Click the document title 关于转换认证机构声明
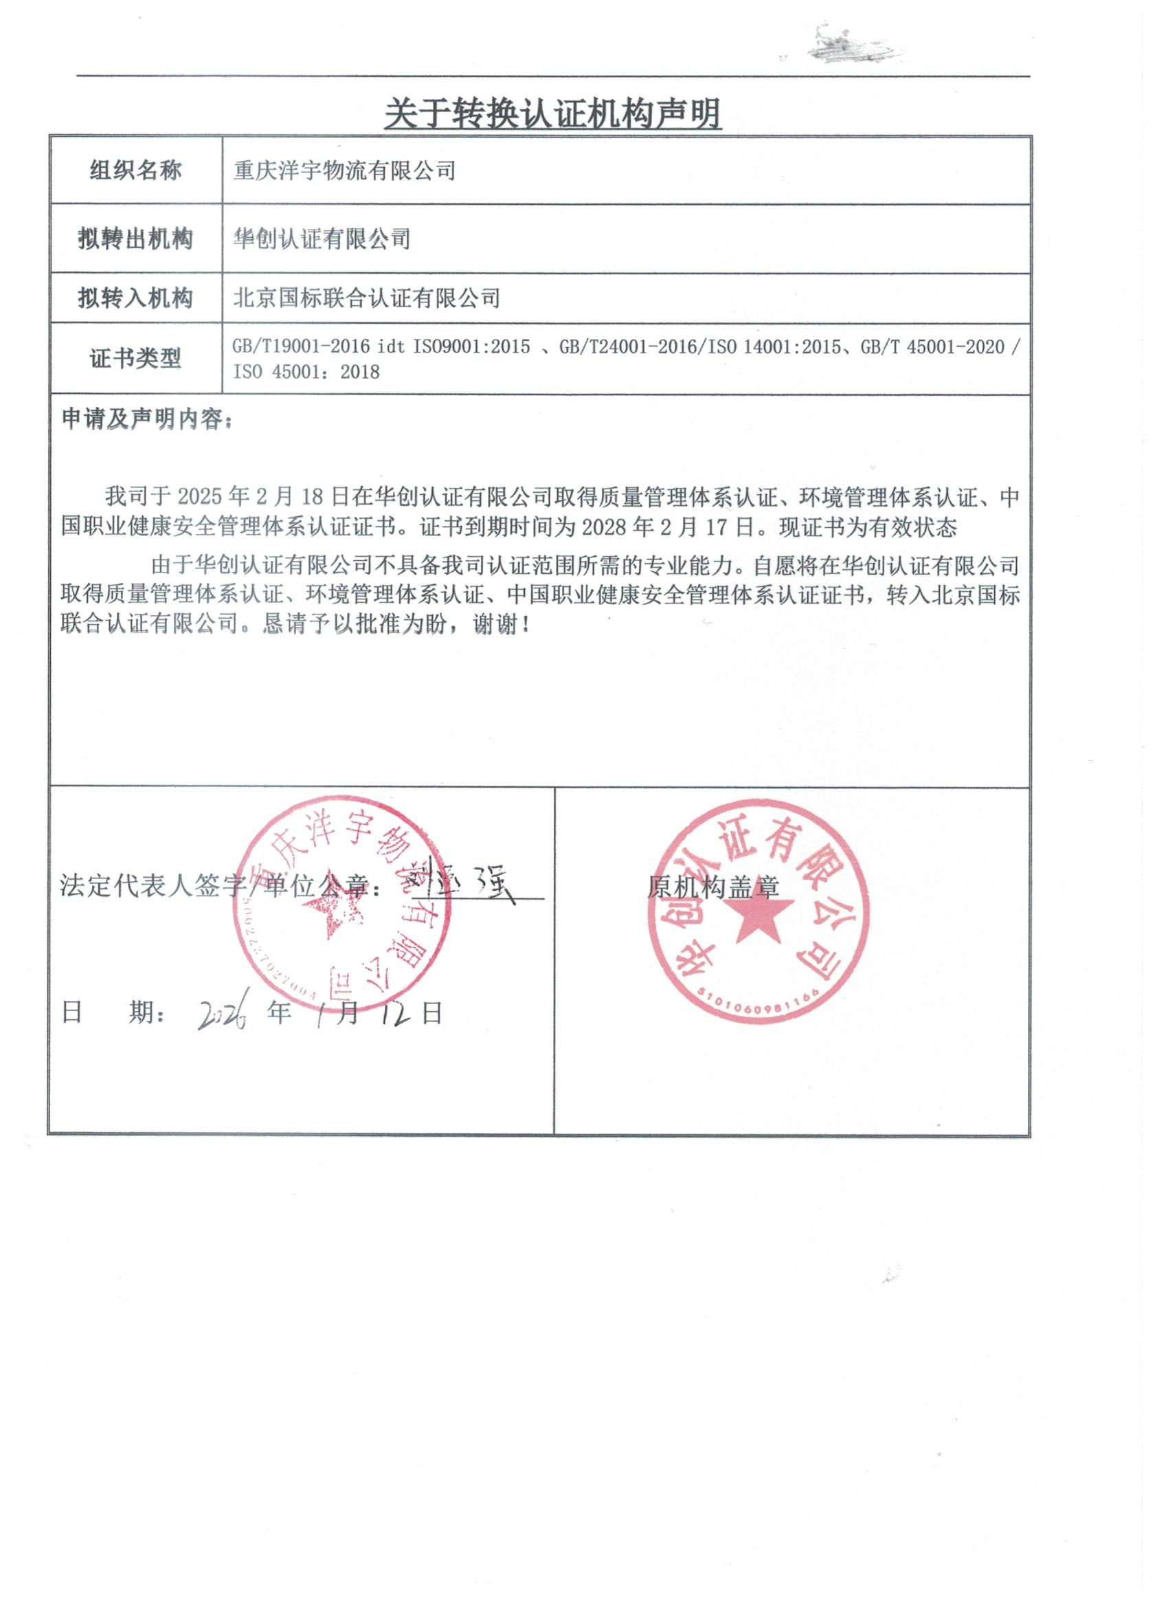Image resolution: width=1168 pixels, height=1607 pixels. pyautogui.click(x=552, y=113)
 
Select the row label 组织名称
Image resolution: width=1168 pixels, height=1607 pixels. pyautogui.click(x=135, y=170)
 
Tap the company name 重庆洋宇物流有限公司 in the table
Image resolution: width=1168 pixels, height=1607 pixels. pyautogui.click(x=344, y=170)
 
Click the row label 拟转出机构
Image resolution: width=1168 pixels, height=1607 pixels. pyautogui.click(x=135, y=239)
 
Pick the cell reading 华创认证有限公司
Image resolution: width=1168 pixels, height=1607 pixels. pyautogui.click(x=322, y=239)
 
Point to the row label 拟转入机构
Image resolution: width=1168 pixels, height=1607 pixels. pyautogui.click(x=135, y=298)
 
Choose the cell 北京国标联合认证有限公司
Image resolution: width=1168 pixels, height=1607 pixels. pyautogui.click(x=366, y=298)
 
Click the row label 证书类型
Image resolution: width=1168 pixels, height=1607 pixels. pyautogui.click(x=135, y=359)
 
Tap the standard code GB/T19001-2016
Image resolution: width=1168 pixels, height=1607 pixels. pyautogui.click(x=301, y=346)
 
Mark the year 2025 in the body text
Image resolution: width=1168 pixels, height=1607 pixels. pyautogui.click(x=203, y=497)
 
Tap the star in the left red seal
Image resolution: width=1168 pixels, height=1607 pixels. pyautogui.click(x=330, y=914)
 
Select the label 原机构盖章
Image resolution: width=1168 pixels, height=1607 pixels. pyautogui.click(x=712, y=887)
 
